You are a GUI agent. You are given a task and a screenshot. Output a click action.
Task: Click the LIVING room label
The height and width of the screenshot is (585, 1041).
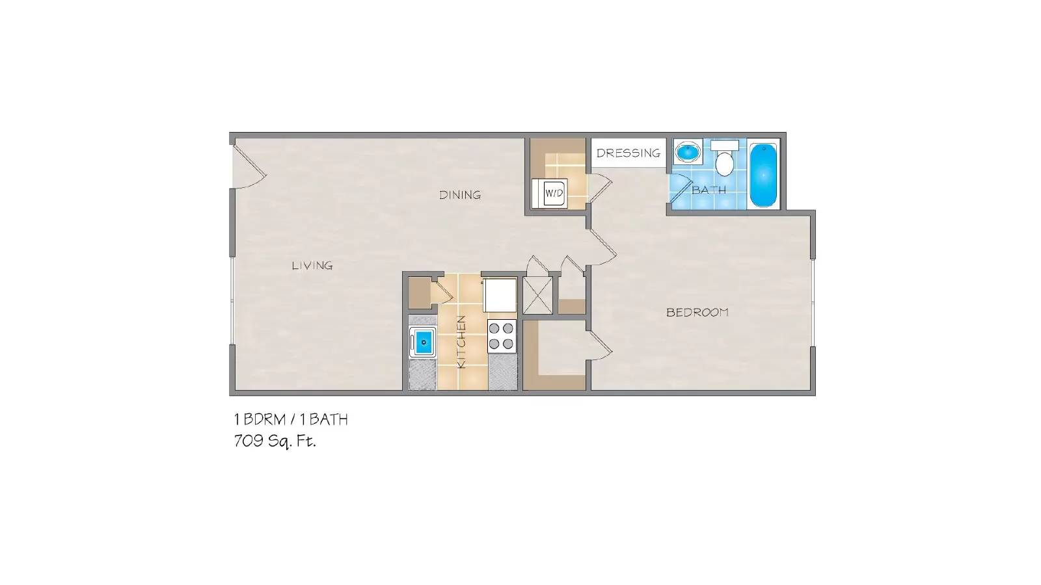pyautogui.click(x=312, y=265)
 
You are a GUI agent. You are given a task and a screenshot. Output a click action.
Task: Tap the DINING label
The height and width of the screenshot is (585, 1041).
pyautogui.click(x=460, y=194)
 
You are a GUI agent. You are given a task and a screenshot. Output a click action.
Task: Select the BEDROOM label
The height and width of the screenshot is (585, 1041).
pyautogui.click(x=697, y=312)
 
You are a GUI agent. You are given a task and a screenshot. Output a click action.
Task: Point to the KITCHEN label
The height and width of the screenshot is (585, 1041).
pyautogui.click(x=461, y=341)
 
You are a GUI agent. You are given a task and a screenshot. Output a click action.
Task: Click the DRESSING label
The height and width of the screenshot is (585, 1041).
pyautogui.click(x=628, y=153)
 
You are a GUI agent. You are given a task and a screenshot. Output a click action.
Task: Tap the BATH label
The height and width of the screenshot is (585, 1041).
pyautogui.click(x=709, y=190)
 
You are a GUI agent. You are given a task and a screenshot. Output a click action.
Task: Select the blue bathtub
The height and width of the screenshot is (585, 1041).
pyautogui.click(x=763, y=175)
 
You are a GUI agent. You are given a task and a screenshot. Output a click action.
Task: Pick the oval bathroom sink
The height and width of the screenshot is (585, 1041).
pyautogui.click(x=686, y=153)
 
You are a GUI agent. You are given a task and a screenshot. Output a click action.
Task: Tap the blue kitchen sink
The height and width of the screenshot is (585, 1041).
pyautogui.click(x=423, y=342)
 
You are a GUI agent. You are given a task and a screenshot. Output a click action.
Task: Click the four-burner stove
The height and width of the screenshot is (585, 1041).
pyautogui.click(x=502, y=337)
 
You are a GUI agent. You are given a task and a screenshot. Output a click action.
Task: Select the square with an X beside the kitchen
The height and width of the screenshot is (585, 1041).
pyautogui.click(x=537, y=294)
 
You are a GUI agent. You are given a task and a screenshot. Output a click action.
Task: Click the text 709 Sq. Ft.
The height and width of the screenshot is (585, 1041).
pyautogui.click(x=275, y=441)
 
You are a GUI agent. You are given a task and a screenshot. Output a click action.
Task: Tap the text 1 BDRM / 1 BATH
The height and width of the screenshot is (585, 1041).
pyautogui.click(x=291, y=419)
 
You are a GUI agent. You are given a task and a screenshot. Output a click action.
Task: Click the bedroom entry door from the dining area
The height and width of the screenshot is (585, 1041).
pyautogui.click(x=602, y=246)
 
